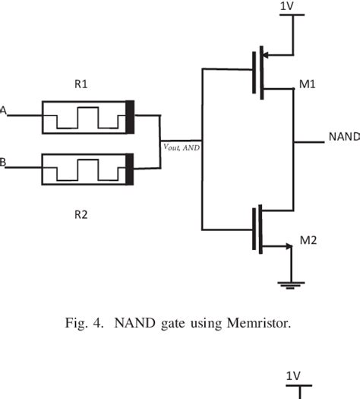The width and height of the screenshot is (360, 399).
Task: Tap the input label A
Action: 3,111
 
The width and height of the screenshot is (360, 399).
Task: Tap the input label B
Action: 3,162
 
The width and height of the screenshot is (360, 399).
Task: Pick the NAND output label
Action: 343,137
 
